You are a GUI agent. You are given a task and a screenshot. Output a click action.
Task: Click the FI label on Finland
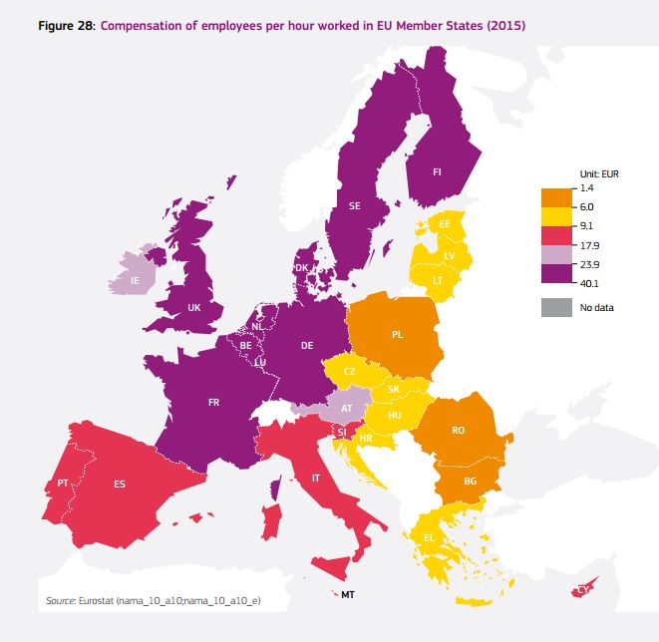coord(437,172)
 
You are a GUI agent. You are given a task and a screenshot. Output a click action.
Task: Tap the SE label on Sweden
coord(355,206)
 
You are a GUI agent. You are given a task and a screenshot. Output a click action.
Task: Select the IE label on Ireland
coord(135,281)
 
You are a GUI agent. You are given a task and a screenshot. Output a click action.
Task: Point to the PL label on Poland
coord(397,334)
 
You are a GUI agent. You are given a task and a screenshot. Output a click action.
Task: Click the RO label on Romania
coord(458,431)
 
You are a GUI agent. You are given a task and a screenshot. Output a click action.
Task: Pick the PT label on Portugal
coord(63,482)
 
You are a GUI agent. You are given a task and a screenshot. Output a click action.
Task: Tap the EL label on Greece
coord(429,538)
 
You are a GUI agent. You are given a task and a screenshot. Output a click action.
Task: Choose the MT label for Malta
coord(347,595)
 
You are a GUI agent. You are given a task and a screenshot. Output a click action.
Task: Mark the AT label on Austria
coord(347,409)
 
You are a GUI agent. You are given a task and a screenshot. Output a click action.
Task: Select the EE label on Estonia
coord(445,224)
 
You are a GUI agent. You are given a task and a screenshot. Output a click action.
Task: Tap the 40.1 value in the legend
coord(589,283)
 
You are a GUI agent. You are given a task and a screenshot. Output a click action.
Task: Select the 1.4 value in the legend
coord(586,187)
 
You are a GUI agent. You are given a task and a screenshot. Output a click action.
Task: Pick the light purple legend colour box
coord(555,254)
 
